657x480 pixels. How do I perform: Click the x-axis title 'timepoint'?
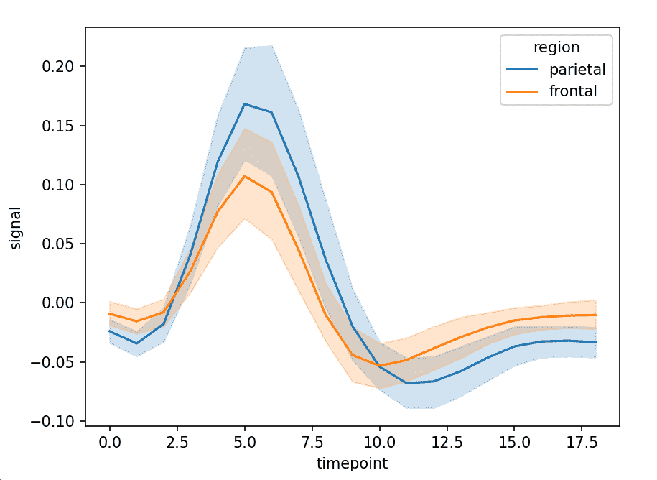coord(352,463)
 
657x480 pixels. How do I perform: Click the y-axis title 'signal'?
coord(16,228)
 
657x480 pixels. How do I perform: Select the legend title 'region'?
coord(556,47)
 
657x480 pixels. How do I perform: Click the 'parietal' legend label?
coord(577,70)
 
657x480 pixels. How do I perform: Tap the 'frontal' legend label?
coord(573,92)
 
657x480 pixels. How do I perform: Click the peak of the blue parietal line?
coord(245,103)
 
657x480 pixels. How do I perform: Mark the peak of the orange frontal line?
coord(245,176)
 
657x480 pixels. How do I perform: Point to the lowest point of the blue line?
coord(407,383)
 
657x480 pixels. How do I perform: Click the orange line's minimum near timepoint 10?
coord(380,366)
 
